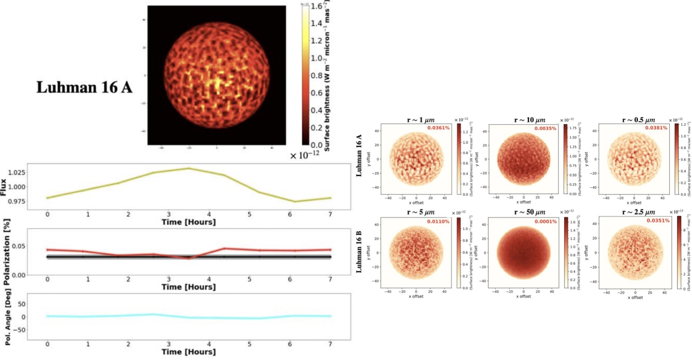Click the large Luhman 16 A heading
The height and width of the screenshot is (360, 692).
coord(84,88)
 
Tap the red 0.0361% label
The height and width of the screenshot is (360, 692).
coord(438,128)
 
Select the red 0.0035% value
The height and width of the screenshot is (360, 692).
coord(545,128)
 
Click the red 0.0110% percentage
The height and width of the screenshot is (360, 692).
coord(438,221)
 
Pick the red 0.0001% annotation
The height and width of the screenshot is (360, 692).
coord(545,221)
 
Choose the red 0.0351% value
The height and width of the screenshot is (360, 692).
coord(658,220)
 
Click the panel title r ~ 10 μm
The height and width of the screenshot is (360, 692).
coord(530,120)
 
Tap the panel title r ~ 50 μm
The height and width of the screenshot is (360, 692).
coord(530,212)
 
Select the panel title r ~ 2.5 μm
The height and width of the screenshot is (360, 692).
coord(638,212)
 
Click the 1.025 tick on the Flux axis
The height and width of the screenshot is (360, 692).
coord(17,172)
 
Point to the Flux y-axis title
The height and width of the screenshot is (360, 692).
coord(4,187)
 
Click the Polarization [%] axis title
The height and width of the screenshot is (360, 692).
coord(6,252)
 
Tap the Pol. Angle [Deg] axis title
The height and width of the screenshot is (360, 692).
coord(8,317)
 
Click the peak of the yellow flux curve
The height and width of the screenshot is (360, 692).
coord(188,168)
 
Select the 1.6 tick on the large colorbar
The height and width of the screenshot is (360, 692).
coord(316,6)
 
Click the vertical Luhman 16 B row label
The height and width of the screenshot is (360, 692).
coord(359,252)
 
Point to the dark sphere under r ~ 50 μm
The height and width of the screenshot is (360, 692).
coord(523,253)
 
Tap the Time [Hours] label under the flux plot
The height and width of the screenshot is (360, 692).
coord(188,222)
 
